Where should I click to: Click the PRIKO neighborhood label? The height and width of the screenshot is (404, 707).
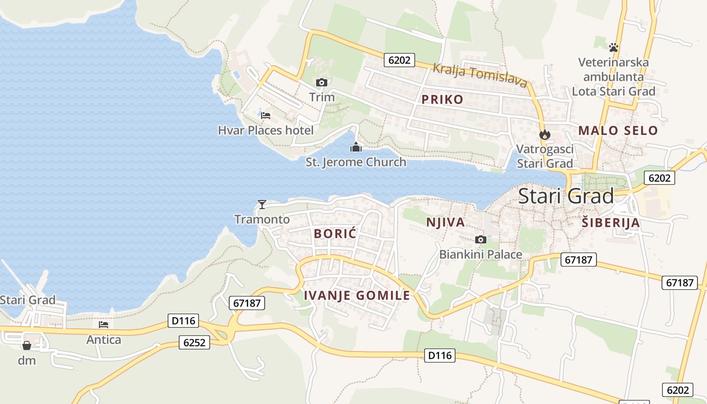(442, 99)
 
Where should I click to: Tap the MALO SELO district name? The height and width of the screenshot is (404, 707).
(618, 130)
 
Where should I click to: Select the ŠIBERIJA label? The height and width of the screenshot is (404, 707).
(611, 223)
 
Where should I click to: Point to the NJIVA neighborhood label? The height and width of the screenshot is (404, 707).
(445, 223)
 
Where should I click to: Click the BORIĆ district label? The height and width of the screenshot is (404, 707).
(335, 234)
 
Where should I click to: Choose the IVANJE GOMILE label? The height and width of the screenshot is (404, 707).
(357, 295)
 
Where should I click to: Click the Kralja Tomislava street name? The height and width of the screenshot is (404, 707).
(480, 75)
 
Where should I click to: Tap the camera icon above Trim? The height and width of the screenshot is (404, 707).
(322, 82)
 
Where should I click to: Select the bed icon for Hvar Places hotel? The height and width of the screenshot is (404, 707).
(266, 116)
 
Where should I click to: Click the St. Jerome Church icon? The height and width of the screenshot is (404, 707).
(356, 147)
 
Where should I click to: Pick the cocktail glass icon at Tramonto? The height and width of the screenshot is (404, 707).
(262, 204)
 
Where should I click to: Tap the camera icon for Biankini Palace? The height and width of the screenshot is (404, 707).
(480, 239)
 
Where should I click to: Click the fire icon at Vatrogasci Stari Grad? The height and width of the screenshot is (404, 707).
(544, 134)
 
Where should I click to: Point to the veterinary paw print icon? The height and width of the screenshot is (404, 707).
(614, 47)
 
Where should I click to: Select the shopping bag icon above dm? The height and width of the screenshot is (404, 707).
(27, 345)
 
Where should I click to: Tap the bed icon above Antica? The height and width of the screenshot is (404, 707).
(104, 325)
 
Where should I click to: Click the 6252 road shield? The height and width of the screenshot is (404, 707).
(194, 343)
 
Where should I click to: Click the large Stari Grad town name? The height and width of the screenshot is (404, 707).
(566, 196)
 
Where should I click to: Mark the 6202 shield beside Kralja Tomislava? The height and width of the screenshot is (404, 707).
(399, 60)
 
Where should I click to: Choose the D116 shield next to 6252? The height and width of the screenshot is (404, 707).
(183, 321)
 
